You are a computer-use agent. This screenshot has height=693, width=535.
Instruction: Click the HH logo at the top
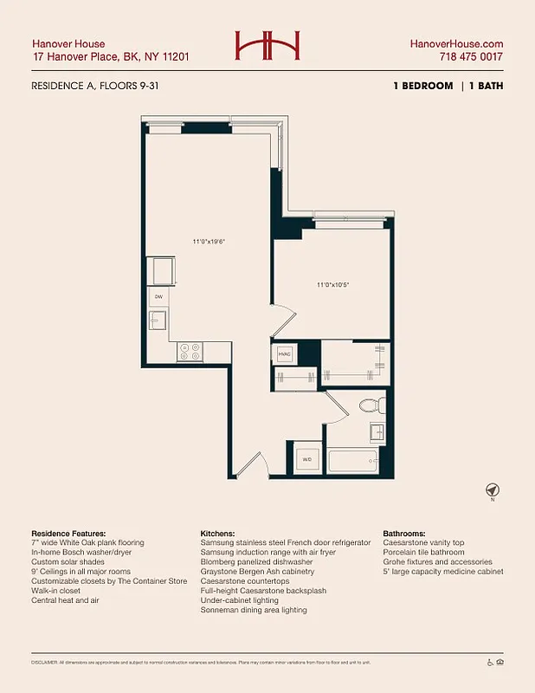coord(267,47)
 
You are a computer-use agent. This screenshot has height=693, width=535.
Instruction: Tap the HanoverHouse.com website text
coord(456,43)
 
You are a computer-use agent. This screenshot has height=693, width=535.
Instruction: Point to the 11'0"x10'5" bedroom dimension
coord(332,283)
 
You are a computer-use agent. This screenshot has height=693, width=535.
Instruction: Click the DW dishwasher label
coord(158,297)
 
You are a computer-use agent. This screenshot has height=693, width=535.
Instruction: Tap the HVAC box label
coord(285,354)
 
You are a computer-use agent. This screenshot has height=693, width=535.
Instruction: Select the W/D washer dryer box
coord(306,459)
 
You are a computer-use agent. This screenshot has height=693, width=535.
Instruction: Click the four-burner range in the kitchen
coord(190,351)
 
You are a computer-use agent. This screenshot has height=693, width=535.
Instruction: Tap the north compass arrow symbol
coord(492,489)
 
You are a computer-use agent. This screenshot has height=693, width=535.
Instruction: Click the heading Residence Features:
coord(68,533)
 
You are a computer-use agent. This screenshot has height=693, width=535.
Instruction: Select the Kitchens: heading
coord(221,533)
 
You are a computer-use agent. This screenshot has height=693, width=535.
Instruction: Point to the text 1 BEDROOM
coord(422,86)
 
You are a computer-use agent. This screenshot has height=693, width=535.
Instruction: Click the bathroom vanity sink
coord(378,432)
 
